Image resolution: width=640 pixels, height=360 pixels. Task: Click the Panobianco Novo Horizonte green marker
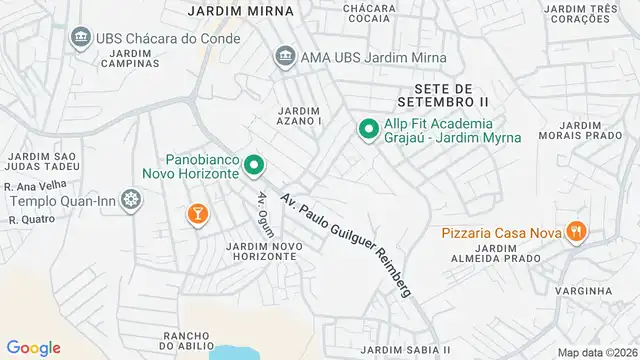254,165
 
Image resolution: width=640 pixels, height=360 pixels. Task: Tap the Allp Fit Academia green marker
368,128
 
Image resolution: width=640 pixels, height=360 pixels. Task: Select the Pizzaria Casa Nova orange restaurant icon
575,233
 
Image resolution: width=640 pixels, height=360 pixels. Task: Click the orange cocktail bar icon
196,213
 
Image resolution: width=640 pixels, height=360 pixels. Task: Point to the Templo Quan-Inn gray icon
130,199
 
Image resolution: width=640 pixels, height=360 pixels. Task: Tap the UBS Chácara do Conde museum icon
80,38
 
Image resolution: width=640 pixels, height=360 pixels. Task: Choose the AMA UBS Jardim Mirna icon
284,56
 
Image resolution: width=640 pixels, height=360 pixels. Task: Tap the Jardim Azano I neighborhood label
299,115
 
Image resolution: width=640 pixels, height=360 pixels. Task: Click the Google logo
34,347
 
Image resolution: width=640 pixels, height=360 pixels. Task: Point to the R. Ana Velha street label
31,184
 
